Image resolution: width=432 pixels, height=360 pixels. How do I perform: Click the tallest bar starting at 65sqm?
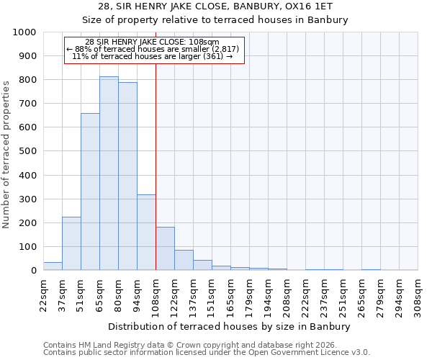(109, 174)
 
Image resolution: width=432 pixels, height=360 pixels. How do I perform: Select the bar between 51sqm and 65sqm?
(90, 192)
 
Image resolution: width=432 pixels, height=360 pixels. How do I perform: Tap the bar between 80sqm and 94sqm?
(127, 176)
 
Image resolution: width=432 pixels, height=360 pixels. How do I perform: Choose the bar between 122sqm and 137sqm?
(184, 260)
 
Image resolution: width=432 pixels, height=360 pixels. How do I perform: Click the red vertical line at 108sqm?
(156, 158)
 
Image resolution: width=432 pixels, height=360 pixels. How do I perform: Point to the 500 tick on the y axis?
(27, 151)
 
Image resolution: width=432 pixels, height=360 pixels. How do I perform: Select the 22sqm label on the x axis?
(43, 292)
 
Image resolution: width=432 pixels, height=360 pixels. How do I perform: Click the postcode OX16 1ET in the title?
(294, 6)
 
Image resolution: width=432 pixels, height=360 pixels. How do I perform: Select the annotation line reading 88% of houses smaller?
(155, 49)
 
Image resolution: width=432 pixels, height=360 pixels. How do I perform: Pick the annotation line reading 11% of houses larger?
(155, 56)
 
